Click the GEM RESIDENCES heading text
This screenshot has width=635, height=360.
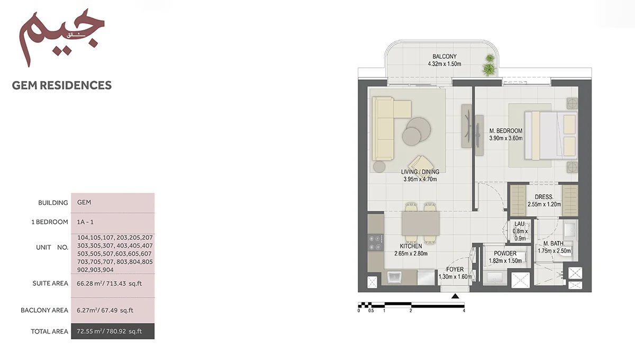62,85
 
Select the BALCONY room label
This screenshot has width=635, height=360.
444,57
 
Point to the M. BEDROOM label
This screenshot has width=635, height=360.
506,131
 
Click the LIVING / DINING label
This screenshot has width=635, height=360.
420,172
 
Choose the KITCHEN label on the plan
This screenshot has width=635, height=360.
411,246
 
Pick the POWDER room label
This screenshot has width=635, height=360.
505,254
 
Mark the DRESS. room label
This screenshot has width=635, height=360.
543,197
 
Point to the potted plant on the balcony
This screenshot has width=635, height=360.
488,66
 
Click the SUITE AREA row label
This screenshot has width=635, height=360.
50,284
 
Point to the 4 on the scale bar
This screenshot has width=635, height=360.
464,311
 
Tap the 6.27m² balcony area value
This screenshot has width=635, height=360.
105,310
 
